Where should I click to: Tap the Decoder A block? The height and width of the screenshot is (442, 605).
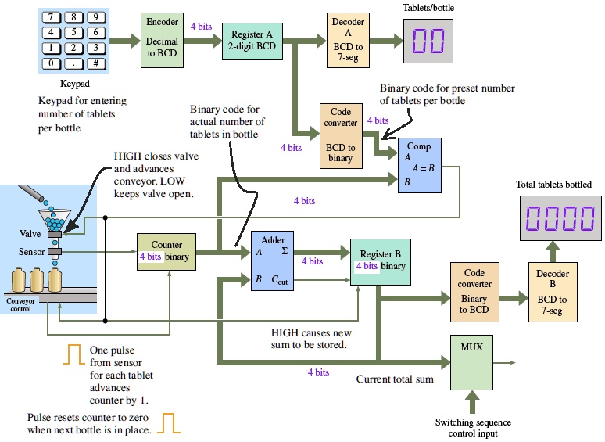coord(348,39)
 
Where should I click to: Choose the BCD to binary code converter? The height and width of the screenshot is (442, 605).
coord(340,135)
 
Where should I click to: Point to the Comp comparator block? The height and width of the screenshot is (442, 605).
coord(420,166)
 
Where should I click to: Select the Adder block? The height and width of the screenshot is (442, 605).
coord(273,262)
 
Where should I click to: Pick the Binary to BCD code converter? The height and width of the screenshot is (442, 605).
coord(474,292)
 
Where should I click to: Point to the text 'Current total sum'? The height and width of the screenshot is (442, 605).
coord(395,379)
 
